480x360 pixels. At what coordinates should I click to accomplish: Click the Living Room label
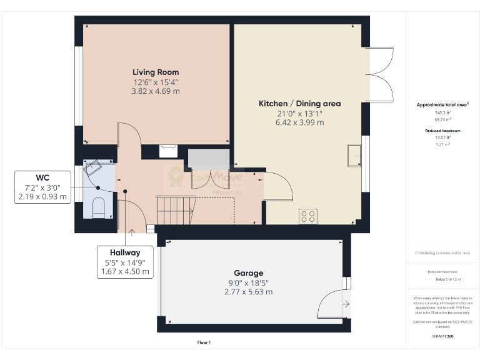(x=155, y=72)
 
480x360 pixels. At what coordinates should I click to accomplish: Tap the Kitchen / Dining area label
(x=300, y=103)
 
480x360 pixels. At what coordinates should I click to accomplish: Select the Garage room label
(x=248, y=273)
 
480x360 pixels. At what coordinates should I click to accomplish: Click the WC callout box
(x=42, y=187)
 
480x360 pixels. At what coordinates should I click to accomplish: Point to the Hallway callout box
(x=125, y=262)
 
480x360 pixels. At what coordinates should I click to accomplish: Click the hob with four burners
(x=308, y=216)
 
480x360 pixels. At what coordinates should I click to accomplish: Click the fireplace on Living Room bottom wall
(x=167, y=151)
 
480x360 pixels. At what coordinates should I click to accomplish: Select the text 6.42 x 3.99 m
(x=300, y=122)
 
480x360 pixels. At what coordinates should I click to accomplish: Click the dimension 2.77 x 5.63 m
(x=248, y=292)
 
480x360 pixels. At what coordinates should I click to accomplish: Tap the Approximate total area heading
(x=442, y=104)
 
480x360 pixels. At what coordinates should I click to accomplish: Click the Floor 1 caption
(x=204, y=342)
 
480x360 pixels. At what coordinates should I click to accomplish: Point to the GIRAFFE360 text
(x=442, y=336)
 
